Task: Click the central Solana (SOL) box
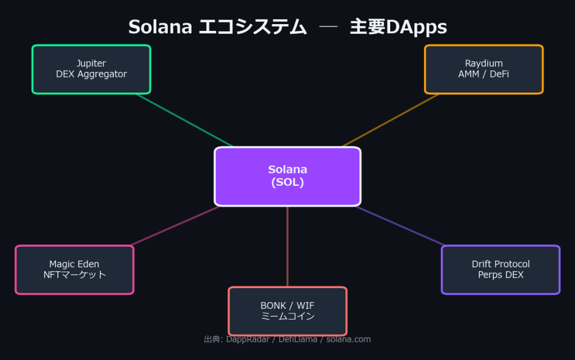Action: point(287,176)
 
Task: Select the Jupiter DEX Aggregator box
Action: point(92,69)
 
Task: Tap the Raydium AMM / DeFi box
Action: point(483,69)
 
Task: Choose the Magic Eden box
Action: point(74,270)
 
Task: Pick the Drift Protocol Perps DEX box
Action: point(500,270)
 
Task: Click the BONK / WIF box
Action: point(287,311)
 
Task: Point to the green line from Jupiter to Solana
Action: point(184,120)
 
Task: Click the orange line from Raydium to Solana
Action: point(390,120)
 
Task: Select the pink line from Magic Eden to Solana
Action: point(175,226)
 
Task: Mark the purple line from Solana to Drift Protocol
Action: point(400,226)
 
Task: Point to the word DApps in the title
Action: point(416,27)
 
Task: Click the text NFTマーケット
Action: point(75,275)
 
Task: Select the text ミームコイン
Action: point(287,316)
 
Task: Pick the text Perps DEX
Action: point(500,275)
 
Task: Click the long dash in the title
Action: point(328,27)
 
